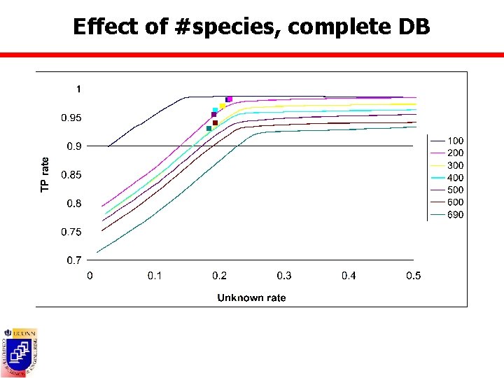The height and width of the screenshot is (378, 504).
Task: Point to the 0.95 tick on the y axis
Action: coord(71,118)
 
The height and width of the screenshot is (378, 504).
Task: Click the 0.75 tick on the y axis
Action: coord(71,232)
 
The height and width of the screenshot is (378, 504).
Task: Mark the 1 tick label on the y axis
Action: coord(78,89)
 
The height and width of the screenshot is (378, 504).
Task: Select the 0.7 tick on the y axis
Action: coord(74,260)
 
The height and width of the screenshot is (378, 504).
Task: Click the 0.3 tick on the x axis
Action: coord(284,276)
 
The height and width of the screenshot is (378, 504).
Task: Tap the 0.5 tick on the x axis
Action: coord(414,276)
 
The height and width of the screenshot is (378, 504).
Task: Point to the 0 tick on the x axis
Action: coord(90,276)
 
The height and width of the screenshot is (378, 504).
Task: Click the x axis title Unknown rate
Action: coord(251,297)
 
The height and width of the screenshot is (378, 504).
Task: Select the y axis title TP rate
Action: coord(45,175)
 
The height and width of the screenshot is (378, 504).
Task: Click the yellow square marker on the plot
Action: coord(223,106)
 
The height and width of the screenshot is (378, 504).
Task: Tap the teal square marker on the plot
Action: coord(209,129)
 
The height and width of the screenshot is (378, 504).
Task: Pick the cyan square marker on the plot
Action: coord(215,111)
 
